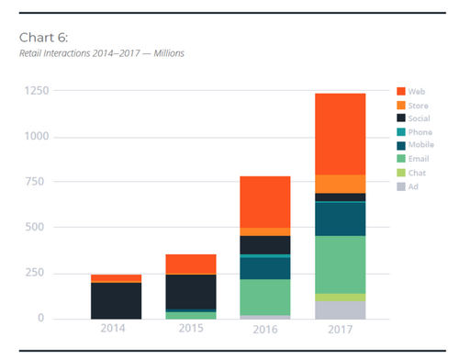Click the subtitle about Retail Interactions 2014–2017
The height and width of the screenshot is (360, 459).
coord(102,53)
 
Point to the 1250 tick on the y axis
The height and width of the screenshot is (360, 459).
coord(38,91)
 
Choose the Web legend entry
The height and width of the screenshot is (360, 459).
coord(415,91)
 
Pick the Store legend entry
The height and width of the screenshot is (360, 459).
coord(418,105)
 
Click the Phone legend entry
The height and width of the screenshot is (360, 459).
coord(419,131)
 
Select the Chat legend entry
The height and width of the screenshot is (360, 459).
coord(416,172)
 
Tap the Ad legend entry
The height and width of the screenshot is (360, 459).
coord(412,186)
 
